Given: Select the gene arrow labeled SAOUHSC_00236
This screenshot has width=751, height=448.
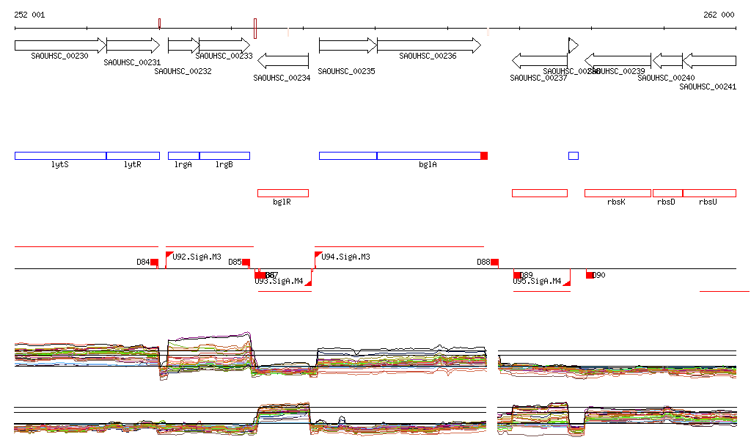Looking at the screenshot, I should (x=428, y=45).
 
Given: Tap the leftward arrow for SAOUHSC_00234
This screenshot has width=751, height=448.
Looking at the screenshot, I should (x=283, y=60).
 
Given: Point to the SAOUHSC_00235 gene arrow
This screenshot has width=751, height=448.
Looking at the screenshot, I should (x=348, y=45).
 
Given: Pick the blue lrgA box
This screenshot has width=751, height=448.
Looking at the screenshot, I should (x=183, y=155).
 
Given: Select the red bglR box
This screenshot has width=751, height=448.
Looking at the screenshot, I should (x=282, y=193).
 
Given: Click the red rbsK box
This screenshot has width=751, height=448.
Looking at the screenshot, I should (x=618, y=193).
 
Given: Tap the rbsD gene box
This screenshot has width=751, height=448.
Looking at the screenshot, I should (x=667, y=193).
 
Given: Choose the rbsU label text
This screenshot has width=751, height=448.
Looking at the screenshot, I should (x=708, y=202).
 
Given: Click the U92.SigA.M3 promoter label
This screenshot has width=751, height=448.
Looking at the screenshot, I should (x=197, y=257).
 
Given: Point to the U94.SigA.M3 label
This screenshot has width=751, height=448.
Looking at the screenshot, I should (x=345, y=257).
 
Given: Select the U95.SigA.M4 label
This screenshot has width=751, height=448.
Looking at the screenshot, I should (x=537, y=282).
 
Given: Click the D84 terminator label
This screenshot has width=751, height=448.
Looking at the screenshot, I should (x=143, y=262).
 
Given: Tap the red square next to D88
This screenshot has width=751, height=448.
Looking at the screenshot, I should (x=495, y=262).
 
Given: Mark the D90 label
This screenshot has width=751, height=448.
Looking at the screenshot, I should (x=599, y=275).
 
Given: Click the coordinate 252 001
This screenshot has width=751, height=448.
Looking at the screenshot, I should (x=29, y=15).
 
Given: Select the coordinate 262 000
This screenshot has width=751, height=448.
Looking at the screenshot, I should (x=719, y=15).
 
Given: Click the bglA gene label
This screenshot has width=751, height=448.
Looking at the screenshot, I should (x=428, y=165).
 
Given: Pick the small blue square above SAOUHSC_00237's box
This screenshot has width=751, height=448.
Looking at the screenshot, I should (x=574, y=155).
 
